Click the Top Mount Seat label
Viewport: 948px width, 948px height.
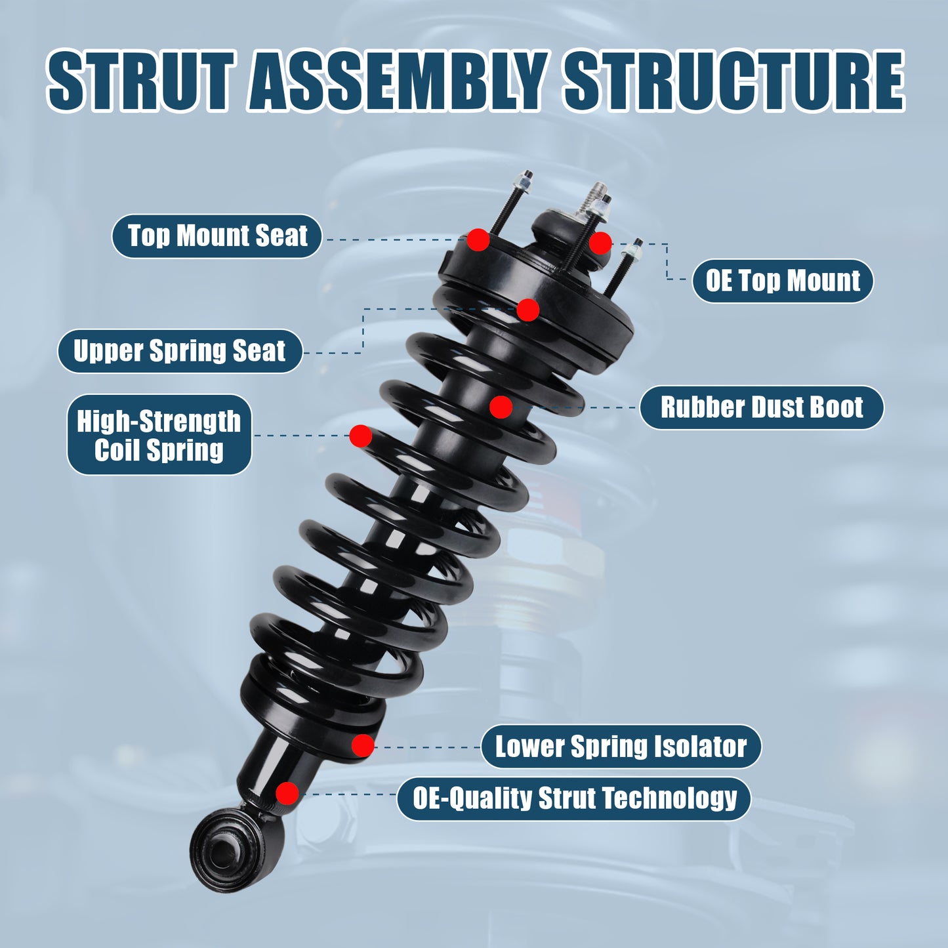click(216, 236)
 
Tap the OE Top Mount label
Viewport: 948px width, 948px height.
click(782, 281)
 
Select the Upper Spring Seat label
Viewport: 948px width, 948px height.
click(179, 351)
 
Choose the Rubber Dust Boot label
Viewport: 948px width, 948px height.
click(761, 407)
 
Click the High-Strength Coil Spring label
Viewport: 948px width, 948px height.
click(159, 435)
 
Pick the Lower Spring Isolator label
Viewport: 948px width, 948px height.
click(621, 747)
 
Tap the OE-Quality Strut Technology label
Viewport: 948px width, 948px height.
click(574, 798)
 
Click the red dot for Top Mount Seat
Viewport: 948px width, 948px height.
click(478, 239)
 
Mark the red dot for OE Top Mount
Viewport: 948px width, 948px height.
click(600, 243)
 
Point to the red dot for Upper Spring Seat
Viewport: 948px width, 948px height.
click(527, 310)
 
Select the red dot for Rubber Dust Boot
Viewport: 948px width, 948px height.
click(501, 407)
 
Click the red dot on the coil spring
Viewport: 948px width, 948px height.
click(360, 436)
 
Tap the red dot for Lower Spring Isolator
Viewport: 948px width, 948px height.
click(363, 745)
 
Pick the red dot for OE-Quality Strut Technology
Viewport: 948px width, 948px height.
click(287, 793)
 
